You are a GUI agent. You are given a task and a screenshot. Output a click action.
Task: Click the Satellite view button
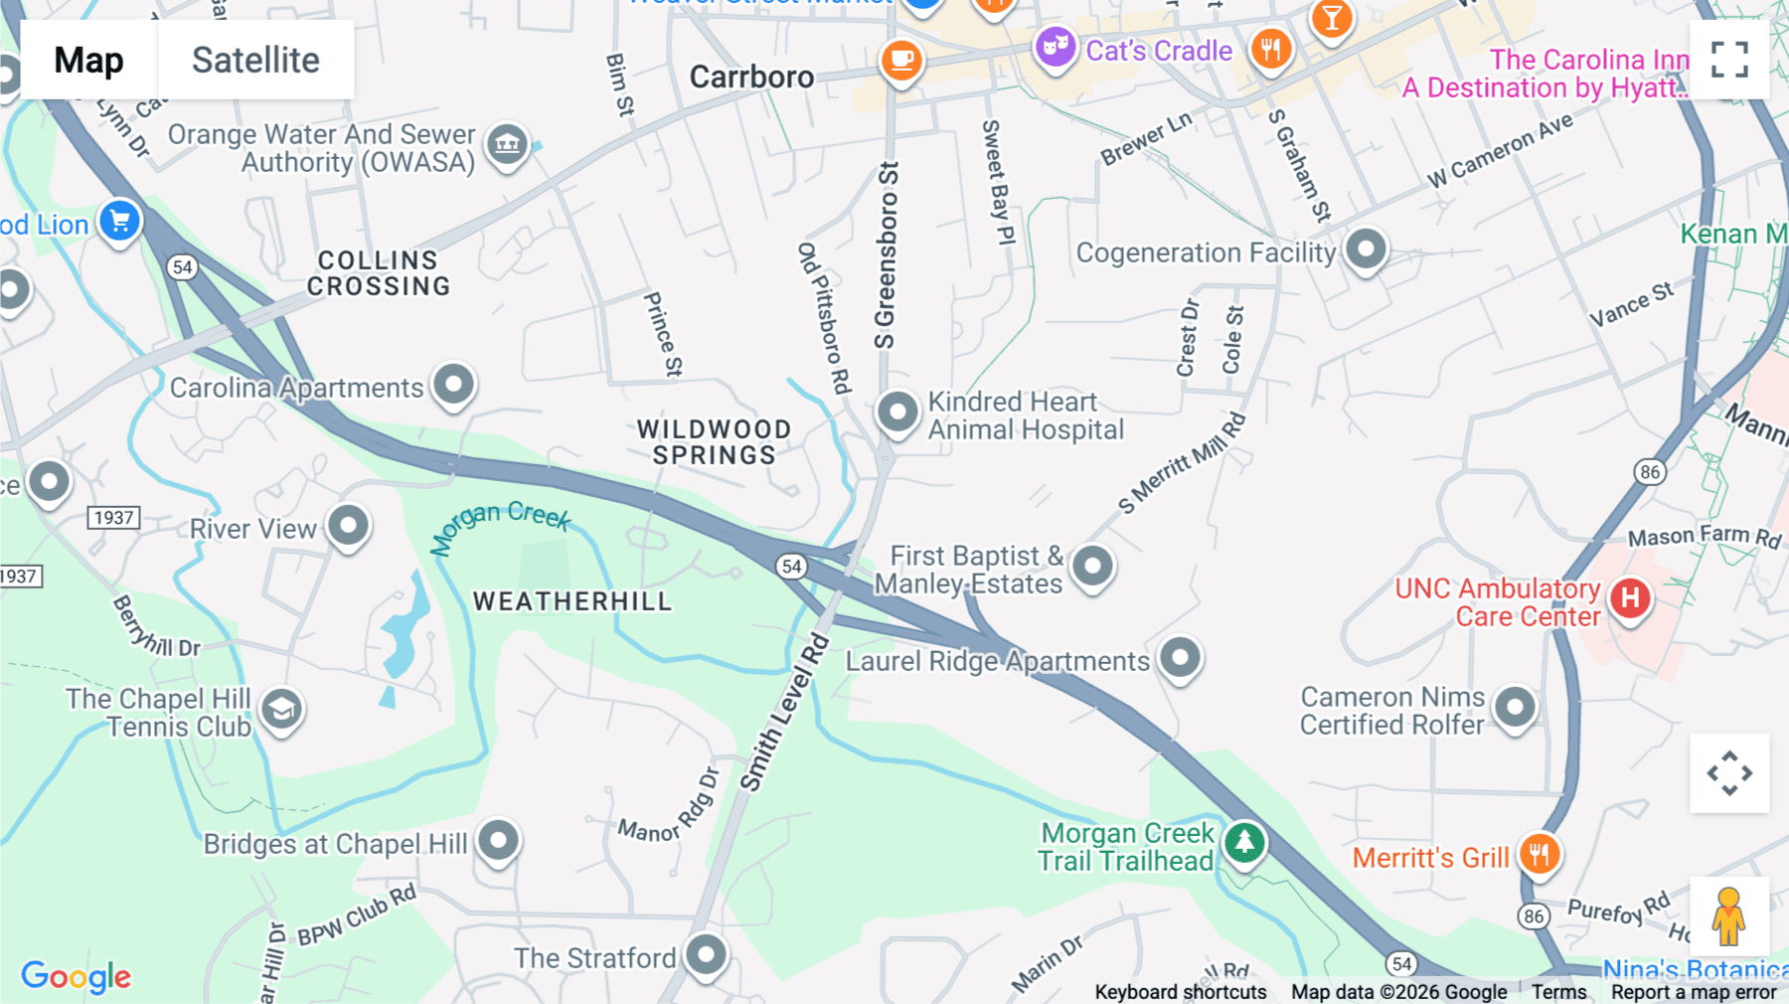coord(255,60)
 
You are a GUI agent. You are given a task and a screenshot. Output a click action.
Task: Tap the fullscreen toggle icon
coord(1729,60)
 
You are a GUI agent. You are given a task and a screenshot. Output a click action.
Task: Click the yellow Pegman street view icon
coord(1728,917)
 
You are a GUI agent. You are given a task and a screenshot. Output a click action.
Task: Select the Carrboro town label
coord(751,77)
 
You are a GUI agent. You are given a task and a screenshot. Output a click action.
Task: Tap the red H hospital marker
coord(1630,598)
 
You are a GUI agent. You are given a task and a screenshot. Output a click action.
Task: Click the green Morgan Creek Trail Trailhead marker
coord(1243,843)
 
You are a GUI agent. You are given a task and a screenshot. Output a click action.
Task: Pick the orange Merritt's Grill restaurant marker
coord(1539,854)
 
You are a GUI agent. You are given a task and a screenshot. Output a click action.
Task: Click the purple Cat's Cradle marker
coord(1055,47)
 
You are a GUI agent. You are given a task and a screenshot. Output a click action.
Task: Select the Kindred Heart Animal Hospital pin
coord(897,411)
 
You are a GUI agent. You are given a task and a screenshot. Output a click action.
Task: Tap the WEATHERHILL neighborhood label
coord(572,601)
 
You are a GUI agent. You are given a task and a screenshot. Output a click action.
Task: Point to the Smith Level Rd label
coord(784,713)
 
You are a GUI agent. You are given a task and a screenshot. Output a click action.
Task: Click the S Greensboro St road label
coord(886,255)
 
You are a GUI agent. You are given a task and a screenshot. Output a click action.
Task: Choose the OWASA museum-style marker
coord(507,144)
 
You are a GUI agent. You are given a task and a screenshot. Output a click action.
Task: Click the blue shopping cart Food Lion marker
coord(120,221)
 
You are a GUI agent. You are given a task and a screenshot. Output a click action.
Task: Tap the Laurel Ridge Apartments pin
coord(1180,657)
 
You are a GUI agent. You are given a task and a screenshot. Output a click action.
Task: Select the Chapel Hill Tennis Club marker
coord(281,710)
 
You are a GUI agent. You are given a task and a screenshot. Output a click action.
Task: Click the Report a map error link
coord(1694,992)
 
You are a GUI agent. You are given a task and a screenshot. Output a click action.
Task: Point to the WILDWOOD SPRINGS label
coord(714,442)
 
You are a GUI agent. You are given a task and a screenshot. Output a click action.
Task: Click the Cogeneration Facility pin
coord(1366,249)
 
